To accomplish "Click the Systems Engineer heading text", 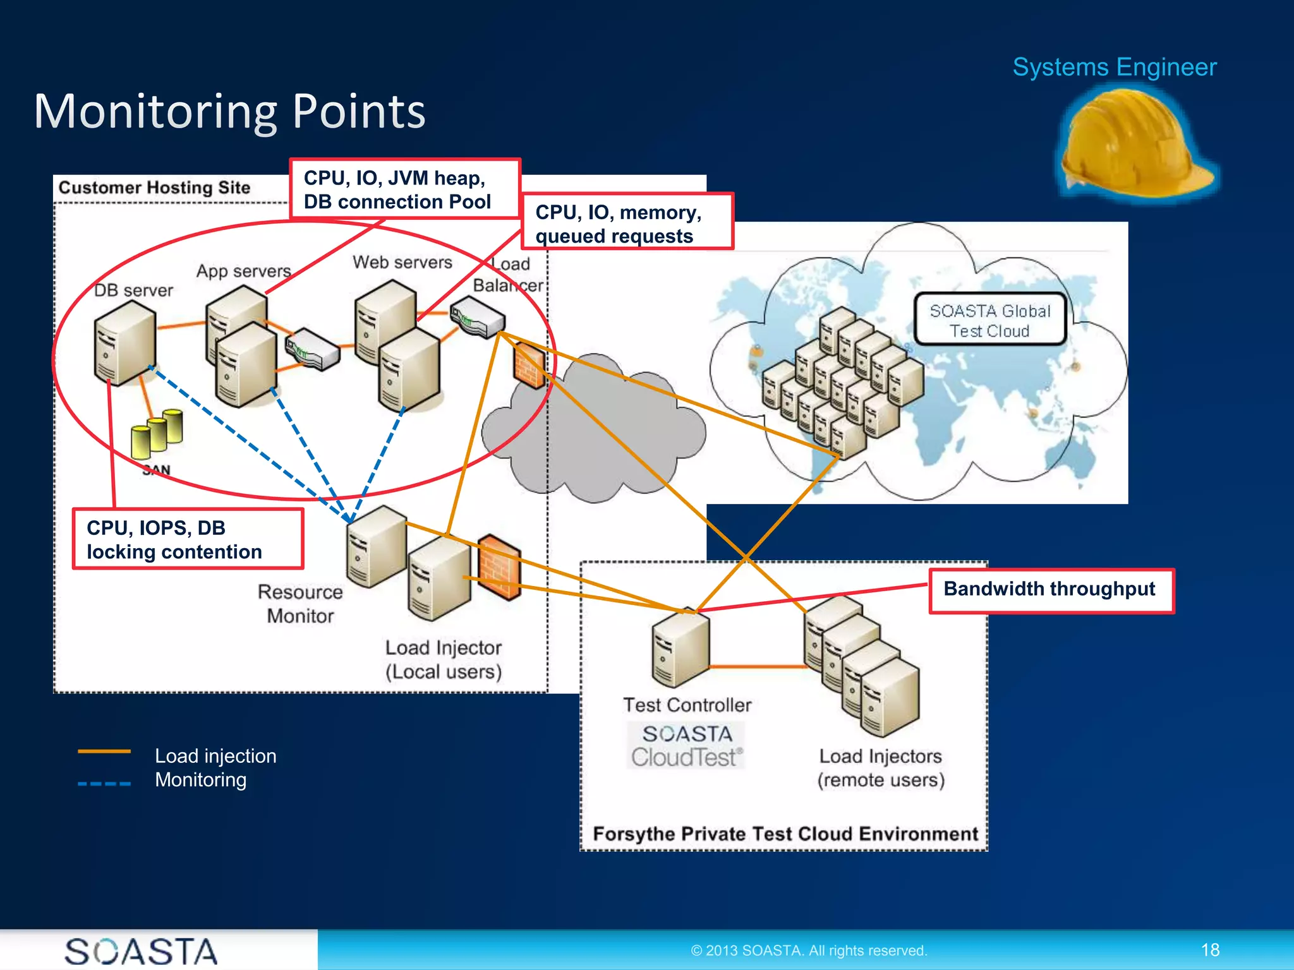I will pos(1114,67).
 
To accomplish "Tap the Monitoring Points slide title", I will pos(229,111).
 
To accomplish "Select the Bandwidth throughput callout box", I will pos(1051,590).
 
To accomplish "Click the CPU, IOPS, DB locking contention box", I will pos(188,539).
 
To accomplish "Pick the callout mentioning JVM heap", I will pos(404,189).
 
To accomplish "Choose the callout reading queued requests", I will pos(627,223).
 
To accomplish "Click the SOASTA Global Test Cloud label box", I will pos(989,320).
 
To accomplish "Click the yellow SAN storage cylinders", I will pos(157,433).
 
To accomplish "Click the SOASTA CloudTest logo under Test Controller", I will pos(686,746).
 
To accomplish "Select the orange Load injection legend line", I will pos(104,751).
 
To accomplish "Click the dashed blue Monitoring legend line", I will pos(104,784).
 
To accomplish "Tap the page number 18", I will pos(1210,950).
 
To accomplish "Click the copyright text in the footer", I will pos(809,950).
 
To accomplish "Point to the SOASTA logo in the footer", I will pos(141,951).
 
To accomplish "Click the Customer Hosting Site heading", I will pos(154,188).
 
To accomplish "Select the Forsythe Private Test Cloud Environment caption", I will pos(785,834).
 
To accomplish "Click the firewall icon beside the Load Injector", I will pos(499,567).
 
